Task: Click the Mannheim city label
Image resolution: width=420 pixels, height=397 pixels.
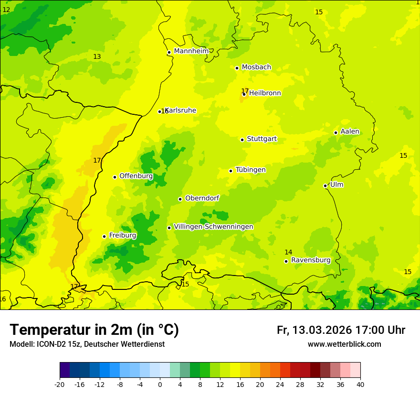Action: (191, 51)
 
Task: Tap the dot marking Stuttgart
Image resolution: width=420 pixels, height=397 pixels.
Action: (242, 140)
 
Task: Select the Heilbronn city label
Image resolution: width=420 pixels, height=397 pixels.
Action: (265, 93)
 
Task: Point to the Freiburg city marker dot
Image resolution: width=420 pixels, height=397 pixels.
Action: (104, 236)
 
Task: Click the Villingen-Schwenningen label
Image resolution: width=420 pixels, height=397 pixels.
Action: (213, 227)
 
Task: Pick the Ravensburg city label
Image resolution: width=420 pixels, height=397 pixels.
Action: (310, 260)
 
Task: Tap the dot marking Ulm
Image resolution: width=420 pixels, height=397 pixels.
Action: (325, 186)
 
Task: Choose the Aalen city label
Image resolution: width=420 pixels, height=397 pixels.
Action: (349, 132)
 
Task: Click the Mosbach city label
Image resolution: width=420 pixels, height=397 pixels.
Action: (256, 67)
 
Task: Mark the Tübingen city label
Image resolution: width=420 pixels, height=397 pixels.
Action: (250, 170)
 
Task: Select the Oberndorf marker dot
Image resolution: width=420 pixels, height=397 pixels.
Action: (180, 199)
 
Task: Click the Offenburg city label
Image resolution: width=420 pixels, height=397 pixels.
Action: (136, 176)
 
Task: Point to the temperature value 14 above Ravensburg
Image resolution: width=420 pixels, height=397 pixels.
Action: (288, 252)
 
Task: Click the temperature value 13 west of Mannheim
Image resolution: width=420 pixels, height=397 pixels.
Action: (97, 56)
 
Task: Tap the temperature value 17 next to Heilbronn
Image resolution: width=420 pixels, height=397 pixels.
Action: (244, 90)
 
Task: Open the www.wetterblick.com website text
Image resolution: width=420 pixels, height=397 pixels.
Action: (344, 344)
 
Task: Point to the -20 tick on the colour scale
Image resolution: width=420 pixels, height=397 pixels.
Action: (60, 384)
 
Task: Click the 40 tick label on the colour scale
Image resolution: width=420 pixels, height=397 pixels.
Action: (360, 384)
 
